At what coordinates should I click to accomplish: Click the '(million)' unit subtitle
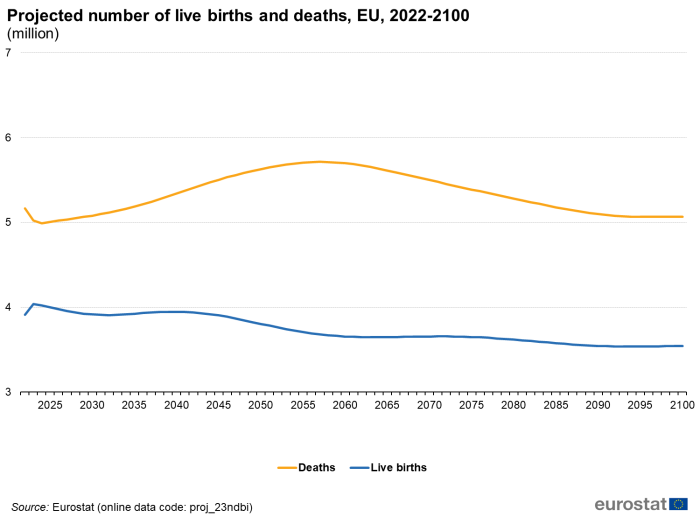point(33,34)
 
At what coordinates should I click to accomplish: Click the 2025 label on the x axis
point(50,405)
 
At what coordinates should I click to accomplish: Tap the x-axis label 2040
point(176,405)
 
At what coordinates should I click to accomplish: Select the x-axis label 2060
point(345,405)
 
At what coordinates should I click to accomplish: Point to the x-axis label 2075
point(471,405)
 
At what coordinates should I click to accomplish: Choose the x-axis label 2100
point(682,405)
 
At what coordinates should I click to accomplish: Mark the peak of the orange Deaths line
point(319,161)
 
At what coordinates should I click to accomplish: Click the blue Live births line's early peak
point(34,303)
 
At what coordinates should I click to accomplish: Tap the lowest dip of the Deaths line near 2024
point(42,223)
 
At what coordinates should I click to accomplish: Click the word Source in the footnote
point(29,507)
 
